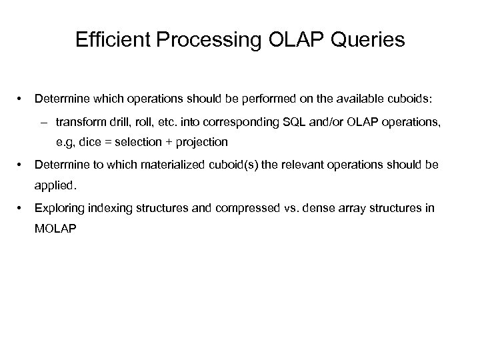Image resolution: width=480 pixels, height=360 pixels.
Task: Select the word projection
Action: tap(202, 142)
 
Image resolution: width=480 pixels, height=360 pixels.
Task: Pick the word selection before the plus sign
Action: tap(139, 142)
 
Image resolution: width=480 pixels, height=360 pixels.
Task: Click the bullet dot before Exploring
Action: tap(23, 209)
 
